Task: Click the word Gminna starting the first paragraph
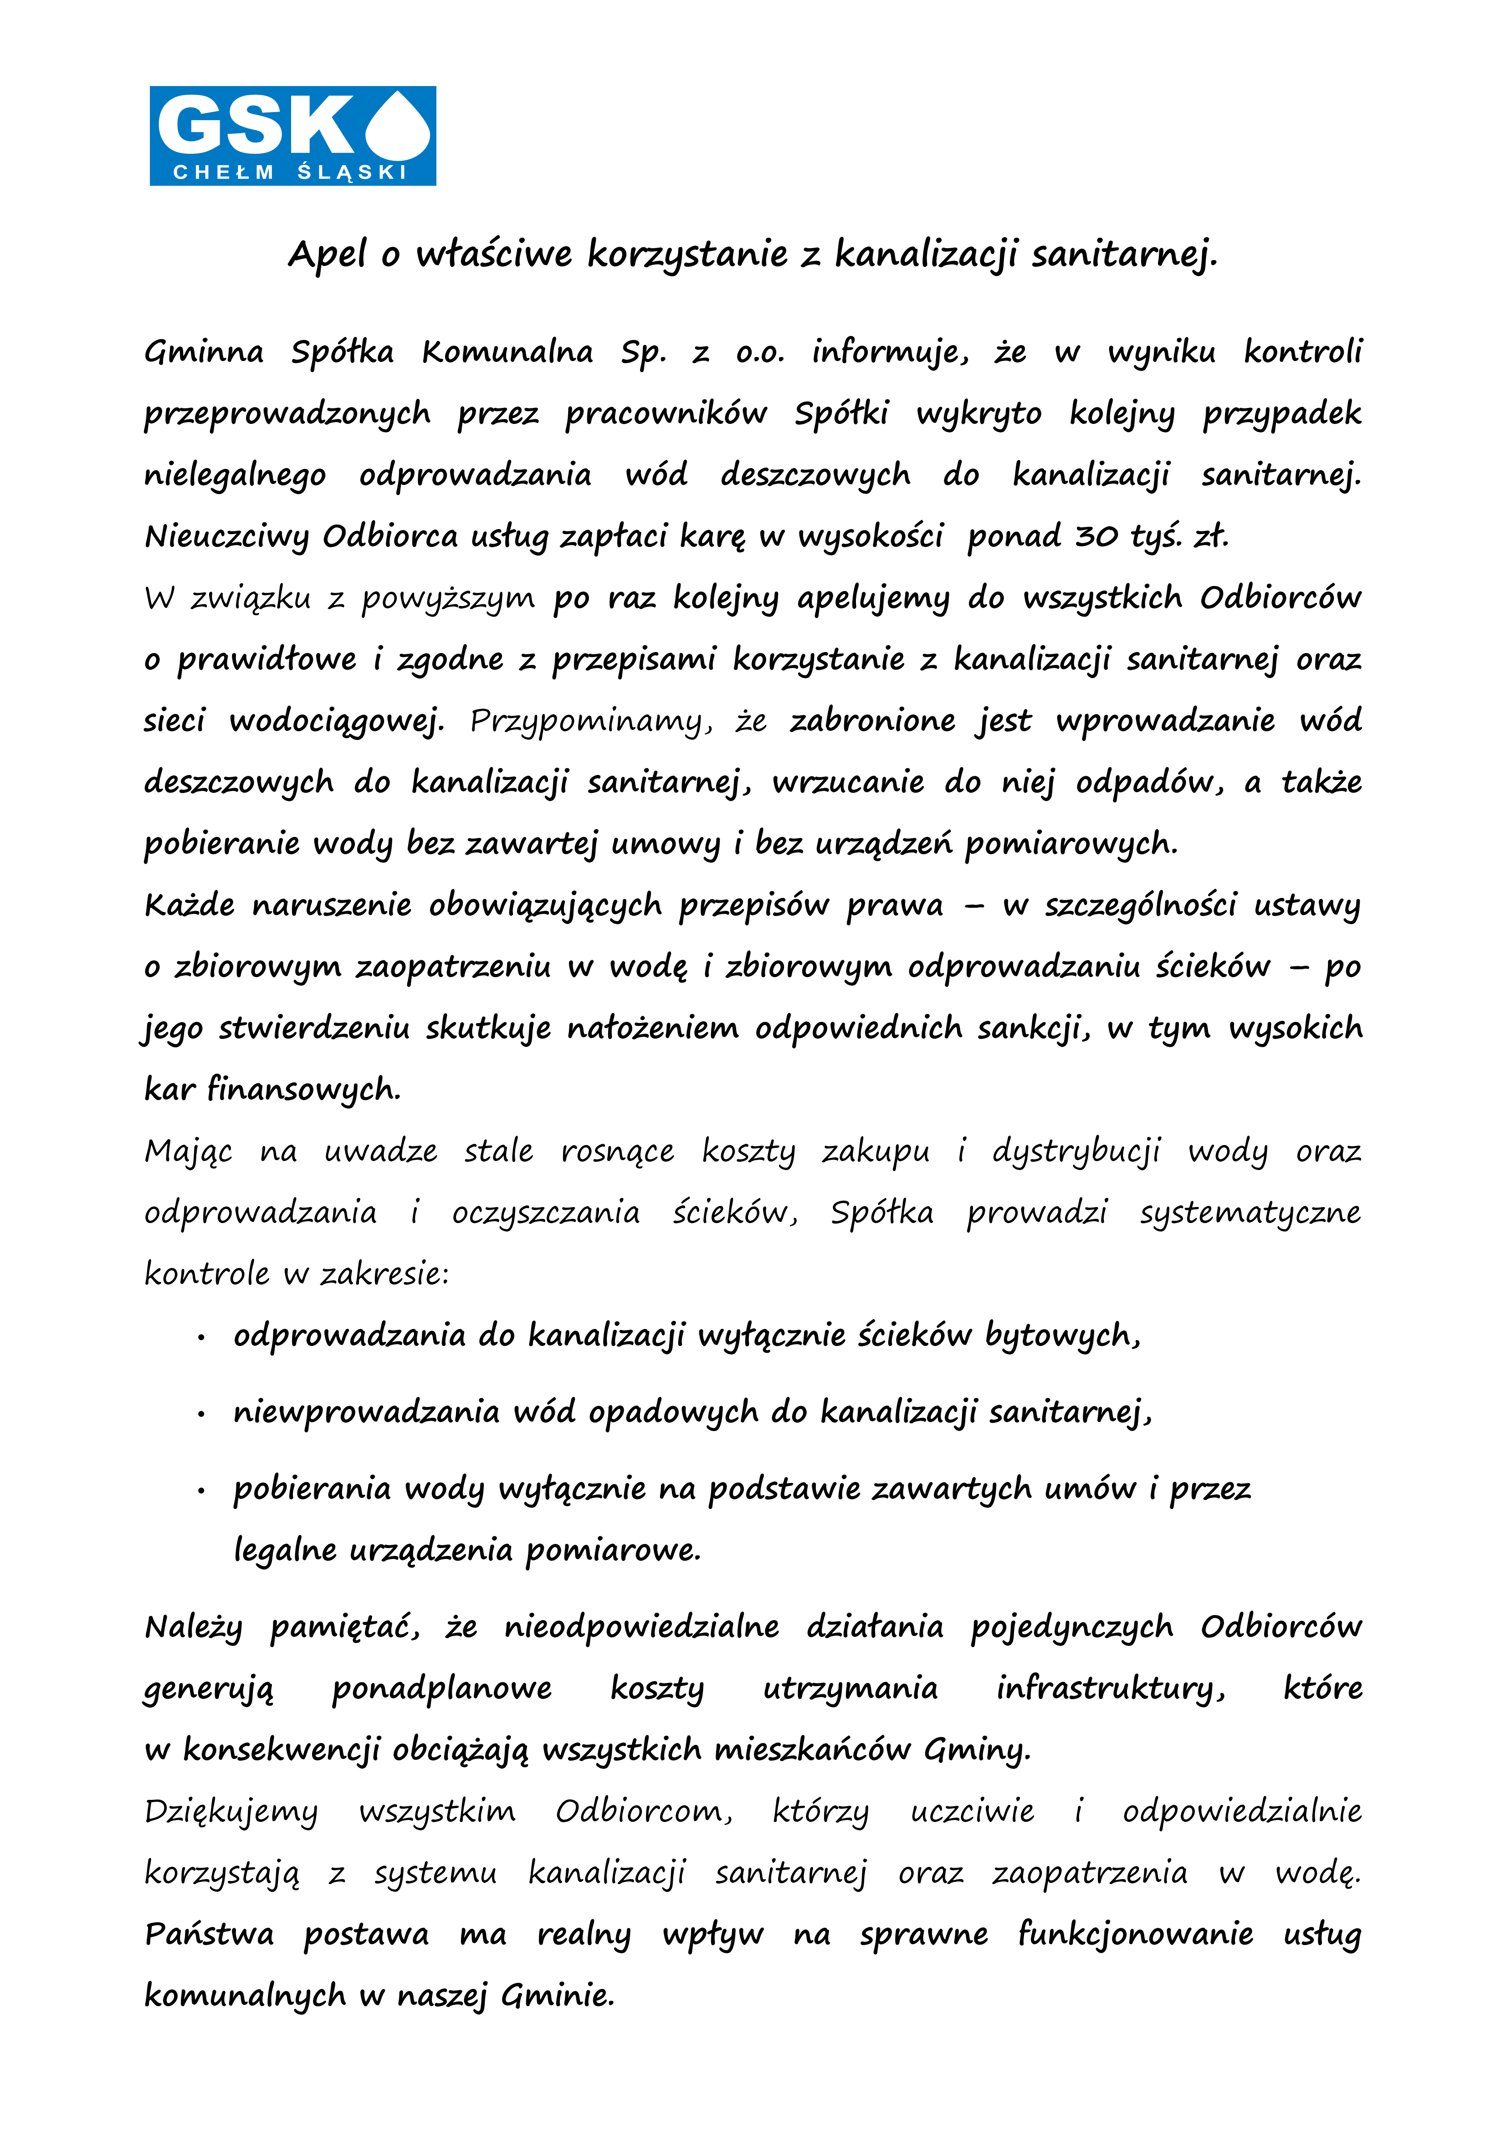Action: (204, 352)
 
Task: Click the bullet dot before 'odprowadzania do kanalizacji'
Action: (200, 1338)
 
